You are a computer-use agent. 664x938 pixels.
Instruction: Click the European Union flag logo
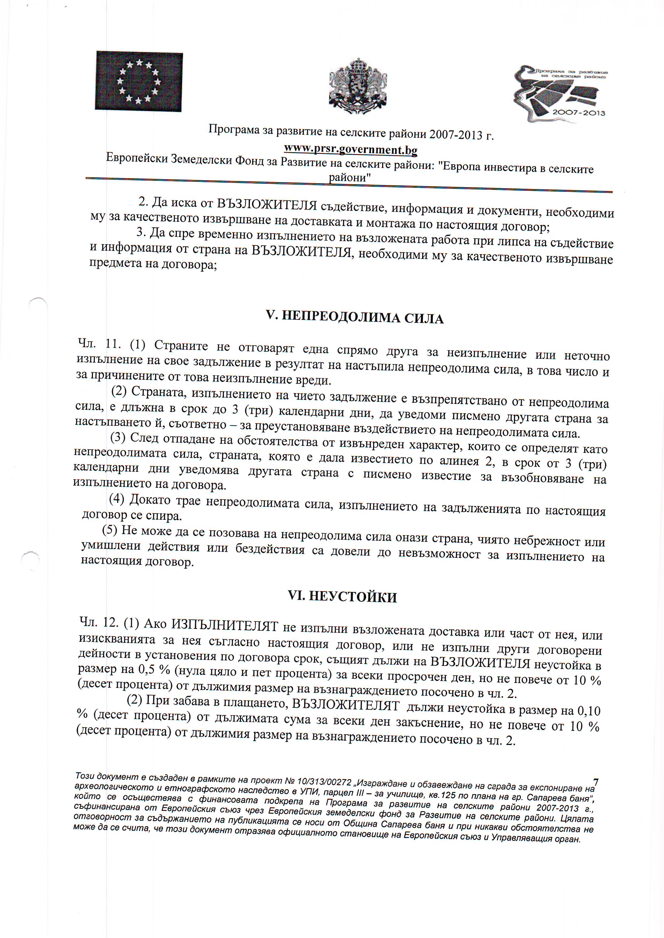point(139,81)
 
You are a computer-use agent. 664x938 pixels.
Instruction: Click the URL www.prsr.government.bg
point(350,150)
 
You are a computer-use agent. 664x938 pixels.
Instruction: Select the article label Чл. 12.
point(99,622)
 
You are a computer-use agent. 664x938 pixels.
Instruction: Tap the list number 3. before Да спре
point(141,232)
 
